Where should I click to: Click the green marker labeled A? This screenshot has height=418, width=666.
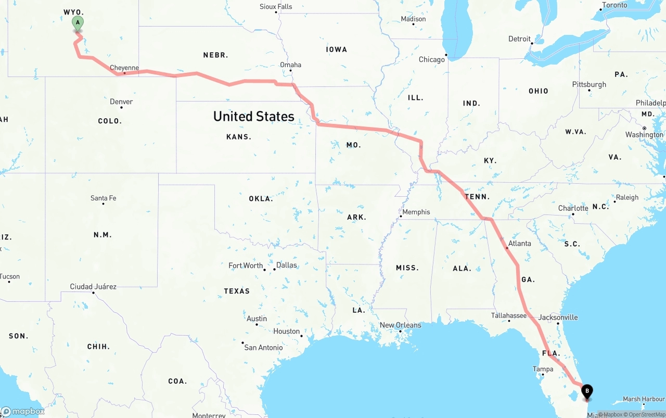pos(78,23)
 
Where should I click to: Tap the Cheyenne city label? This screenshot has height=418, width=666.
pos(124,68)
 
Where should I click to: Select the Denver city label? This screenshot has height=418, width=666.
pos(121,102)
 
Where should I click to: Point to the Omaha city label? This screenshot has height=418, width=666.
pos(290,65)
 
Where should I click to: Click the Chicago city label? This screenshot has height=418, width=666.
pos(432,59)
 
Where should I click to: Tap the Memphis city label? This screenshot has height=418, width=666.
pos(416,212)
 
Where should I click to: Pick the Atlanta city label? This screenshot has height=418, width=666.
pos(519,243)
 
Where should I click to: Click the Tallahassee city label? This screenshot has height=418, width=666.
pos(509,315)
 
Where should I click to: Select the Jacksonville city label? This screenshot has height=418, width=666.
pos(558,317)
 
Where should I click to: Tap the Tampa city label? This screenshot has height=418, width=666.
pos(543,369)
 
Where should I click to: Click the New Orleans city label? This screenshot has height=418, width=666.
pos(400,325)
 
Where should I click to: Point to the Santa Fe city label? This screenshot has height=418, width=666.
pos(104,198)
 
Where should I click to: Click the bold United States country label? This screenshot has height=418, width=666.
pos(254,116)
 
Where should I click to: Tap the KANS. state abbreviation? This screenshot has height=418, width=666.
pos(239,137)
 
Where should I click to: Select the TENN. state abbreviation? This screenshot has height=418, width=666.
pos(477,197)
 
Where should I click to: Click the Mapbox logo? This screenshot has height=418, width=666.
pos(23,411)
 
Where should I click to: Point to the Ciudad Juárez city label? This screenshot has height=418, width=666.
pos(93,286)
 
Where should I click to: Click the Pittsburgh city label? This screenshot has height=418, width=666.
pos(589,84)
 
